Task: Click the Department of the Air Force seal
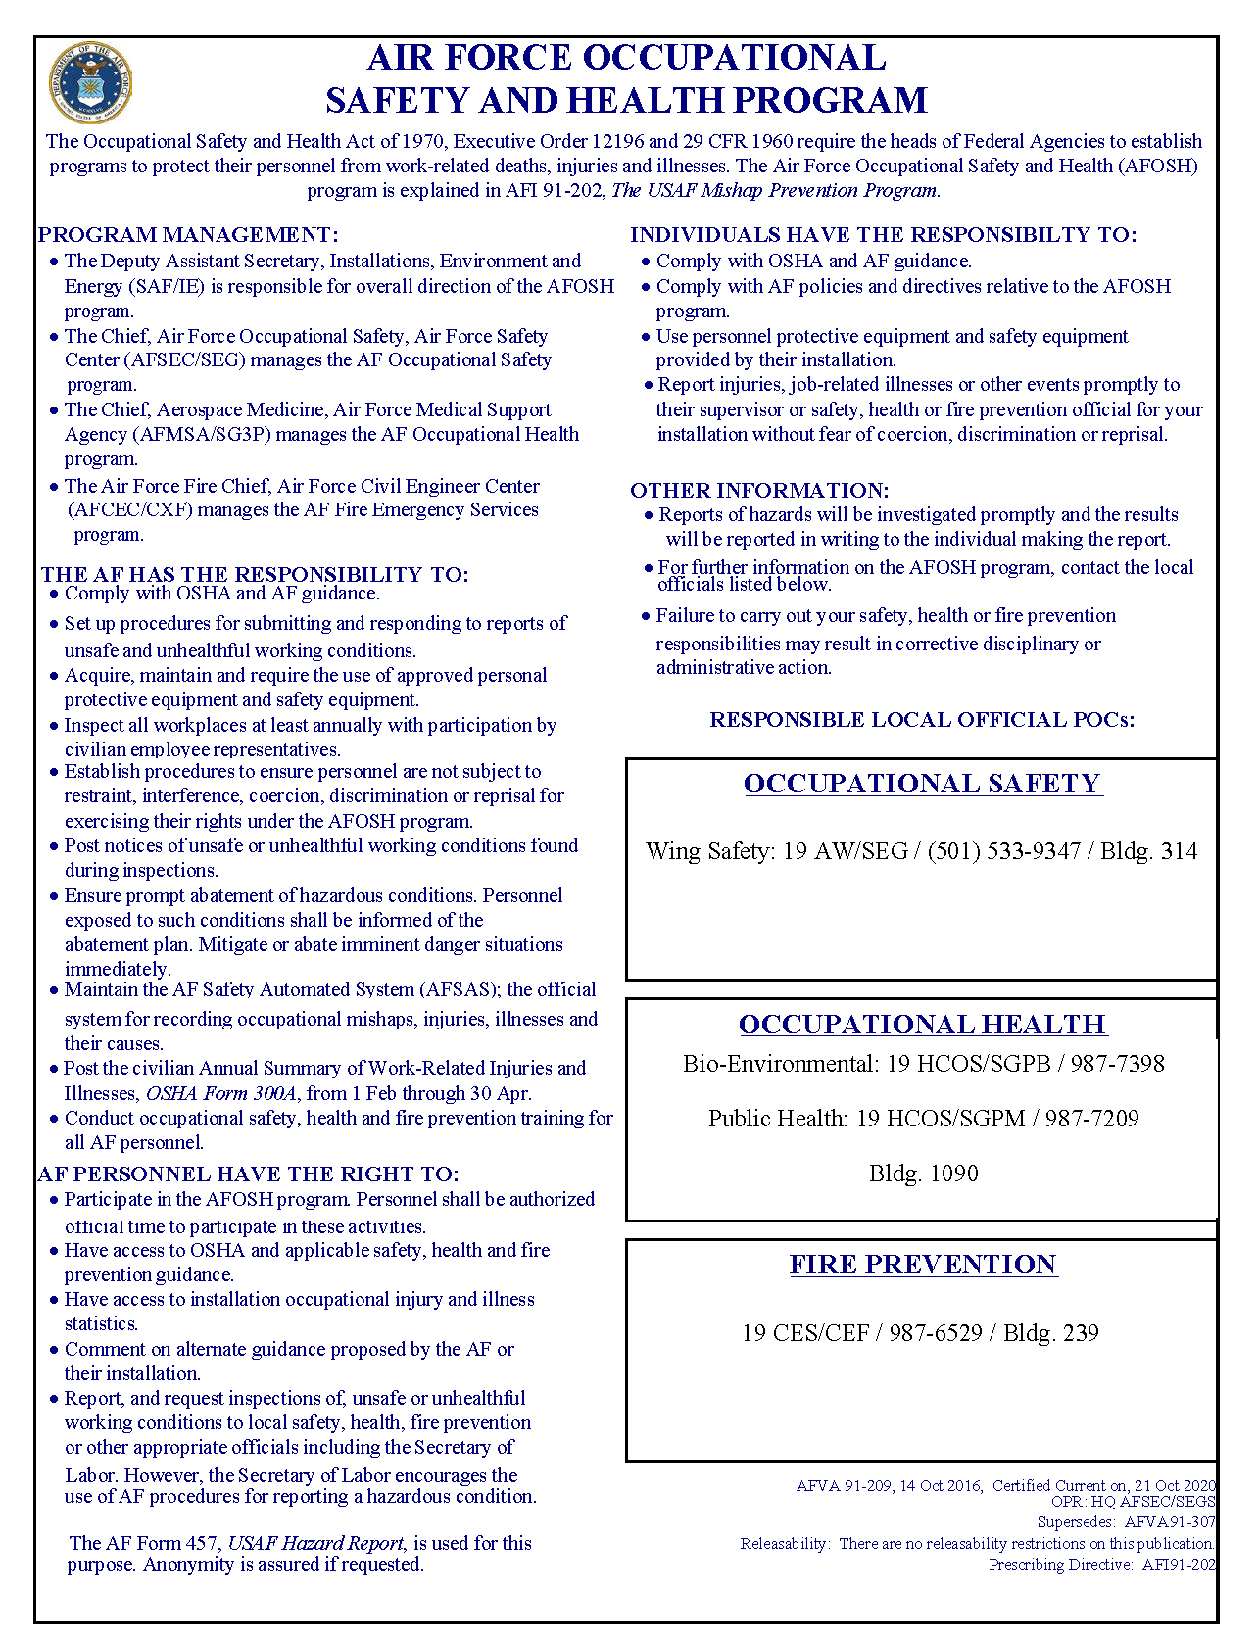click(90, 84)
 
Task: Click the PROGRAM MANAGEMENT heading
click(188, 235)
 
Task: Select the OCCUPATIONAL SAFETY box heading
click(922, 784)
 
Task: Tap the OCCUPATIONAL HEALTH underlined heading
click(922, 1025)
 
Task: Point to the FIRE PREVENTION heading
click(923, 1265)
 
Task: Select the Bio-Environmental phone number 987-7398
click(1116, 1064)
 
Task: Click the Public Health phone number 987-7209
click(1090, 1119)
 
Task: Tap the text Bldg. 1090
click(923, 1173)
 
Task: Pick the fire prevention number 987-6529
click(935, 1333)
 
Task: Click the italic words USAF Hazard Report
click(315, 1543)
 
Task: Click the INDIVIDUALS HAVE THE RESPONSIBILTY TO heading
click(883, 235)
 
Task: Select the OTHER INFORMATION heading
click(759, 491)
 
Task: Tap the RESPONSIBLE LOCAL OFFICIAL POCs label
click(922, 720)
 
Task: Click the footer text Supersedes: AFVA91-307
click(1126, 1522)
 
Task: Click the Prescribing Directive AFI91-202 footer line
click(1101, 1565)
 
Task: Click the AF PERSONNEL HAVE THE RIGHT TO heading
click(249, 1174)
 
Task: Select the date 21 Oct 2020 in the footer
click(1175, 1486)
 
